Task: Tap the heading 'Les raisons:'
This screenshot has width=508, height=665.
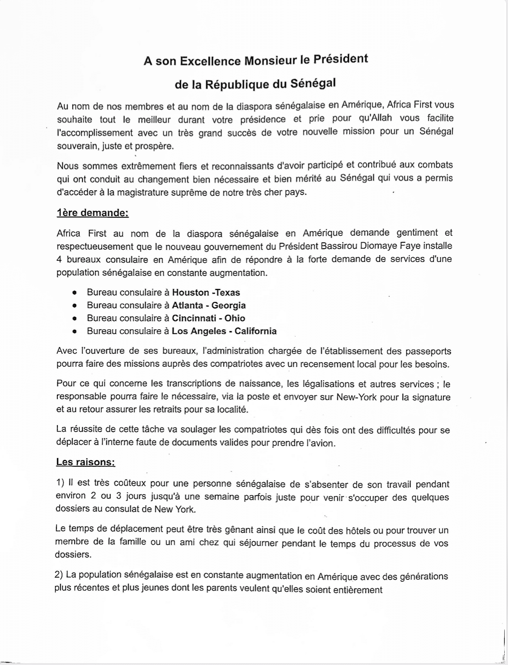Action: (x=85, y=462)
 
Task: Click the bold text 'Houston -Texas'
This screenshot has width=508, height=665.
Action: (x=206, y=292)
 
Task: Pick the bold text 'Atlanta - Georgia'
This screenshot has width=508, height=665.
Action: (x=209, y=305)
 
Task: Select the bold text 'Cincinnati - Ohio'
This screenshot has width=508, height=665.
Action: (x=208, y=318)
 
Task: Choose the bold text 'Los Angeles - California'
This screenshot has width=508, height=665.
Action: (x=224, y=331)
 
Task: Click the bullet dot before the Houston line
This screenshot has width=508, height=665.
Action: (x=74, y=293)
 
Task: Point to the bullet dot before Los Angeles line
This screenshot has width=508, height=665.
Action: (x=74, y=332)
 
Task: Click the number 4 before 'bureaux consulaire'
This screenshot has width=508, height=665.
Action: (x=59, y=259)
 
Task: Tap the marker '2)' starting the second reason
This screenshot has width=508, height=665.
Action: (x=58, y=575)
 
